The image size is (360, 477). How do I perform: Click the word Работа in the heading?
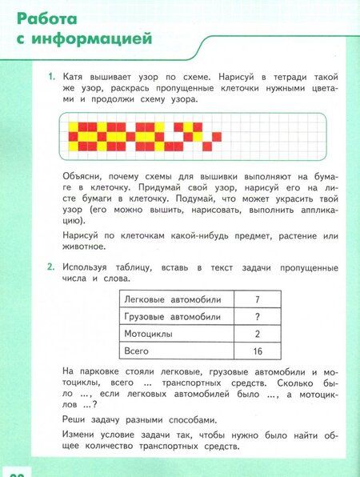[49, 18]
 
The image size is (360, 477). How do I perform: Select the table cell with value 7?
[257, 299]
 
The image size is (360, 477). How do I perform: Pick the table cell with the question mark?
[257, 316]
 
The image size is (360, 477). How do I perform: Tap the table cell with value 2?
[257, 334]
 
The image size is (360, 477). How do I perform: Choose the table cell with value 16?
[257, 351]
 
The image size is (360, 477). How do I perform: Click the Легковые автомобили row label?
[172, 299]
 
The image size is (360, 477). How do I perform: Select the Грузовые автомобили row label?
[172, 316]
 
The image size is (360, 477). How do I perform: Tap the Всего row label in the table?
[137, 351]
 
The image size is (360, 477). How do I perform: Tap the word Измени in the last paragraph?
[82, 434]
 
